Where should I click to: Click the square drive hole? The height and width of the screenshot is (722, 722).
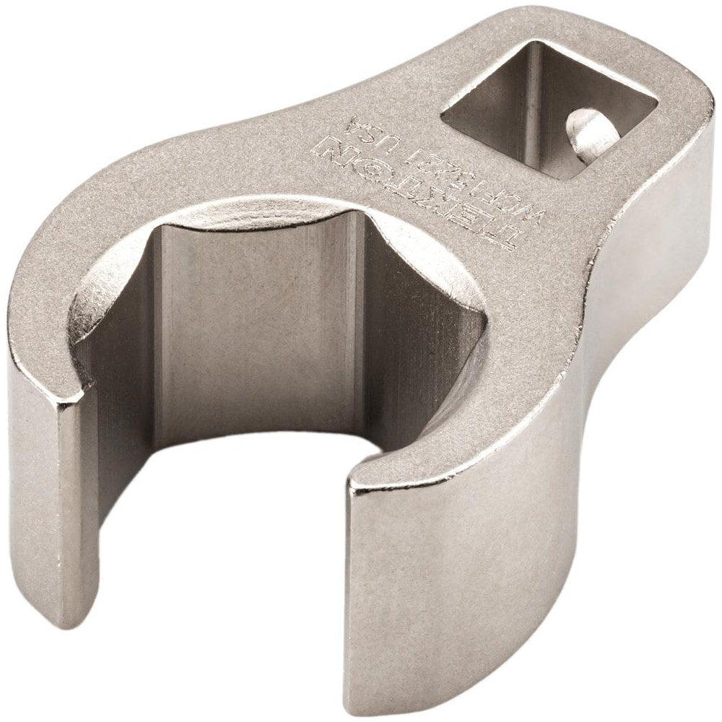pos(549,108)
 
